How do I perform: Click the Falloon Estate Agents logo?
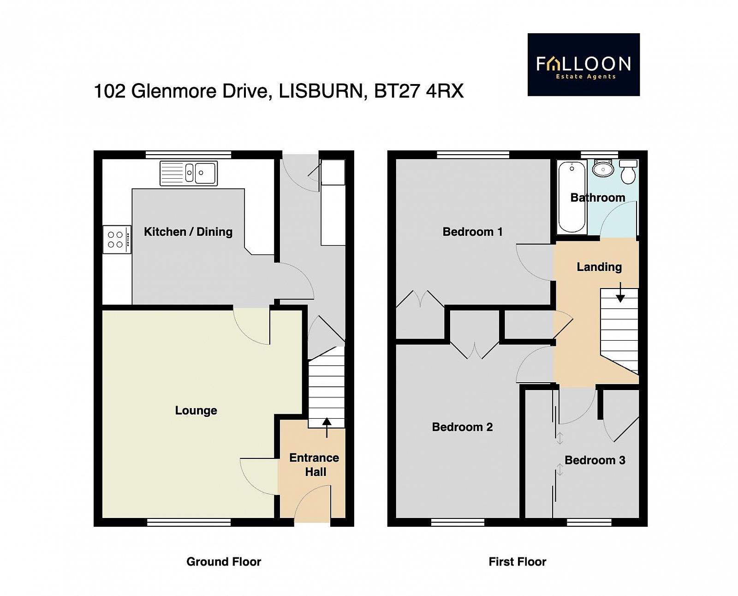pos(583,65)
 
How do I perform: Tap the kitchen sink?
pos(189,173)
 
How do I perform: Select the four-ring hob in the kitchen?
pos(117,240)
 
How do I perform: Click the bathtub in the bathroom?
pos(571,198)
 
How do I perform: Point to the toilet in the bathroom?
pos(628,171)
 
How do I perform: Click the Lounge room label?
pos(196,410)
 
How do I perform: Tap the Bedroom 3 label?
pos(595,460)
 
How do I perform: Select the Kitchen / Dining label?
pos(188,232)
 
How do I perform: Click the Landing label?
pos(599,267)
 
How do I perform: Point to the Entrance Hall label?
pos(315,465)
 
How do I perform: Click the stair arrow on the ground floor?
pos(327,428)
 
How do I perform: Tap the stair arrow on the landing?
pos(620,293)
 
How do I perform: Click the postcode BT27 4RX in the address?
pos(419,91)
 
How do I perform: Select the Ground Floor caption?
pos(224,562)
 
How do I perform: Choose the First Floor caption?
pos(517,562)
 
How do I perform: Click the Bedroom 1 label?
pos(473,232)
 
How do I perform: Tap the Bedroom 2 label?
pos(462,427)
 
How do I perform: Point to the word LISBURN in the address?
pos(321,92)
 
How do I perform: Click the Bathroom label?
pos(598,198)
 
